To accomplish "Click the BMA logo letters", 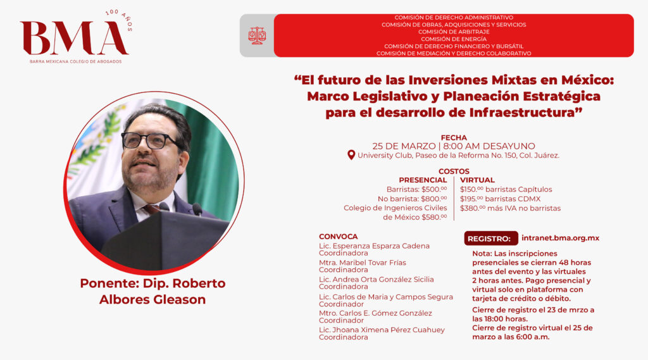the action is (75, 38).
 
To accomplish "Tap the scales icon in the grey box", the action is (257, 36).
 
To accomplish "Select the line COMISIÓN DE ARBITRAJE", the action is (454, 32).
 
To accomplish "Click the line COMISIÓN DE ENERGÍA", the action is (454, 39).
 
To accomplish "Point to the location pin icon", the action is (351, 155).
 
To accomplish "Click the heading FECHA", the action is (454, 138).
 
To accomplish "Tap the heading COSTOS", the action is (454, 171).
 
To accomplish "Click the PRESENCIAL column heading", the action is (423, 180).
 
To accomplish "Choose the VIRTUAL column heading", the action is (477, 180).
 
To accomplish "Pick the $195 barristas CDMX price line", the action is (500, 199).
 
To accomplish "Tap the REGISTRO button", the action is (491, 239).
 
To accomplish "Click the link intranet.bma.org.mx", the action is (561, 238).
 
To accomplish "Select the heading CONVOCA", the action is (338, 237).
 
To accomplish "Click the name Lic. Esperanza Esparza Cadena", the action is (374, 246).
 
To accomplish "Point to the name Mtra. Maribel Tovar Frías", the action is (363, 263).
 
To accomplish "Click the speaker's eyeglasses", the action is (151, 140).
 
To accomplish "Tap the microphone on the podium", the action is (197, 209).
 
